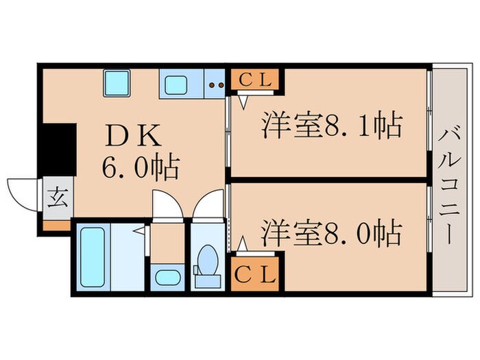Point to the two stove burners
pyautogui.click(x=217, y=86)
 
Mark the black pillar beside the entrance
pyautogui.click(x=57, y=148)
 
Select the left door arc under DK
pyautogui.click(x=167, y=204)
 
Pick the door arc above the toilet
pyautogui.click(x=208, y=204)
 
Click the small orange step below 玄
pyautogui.click(x=57, y=226)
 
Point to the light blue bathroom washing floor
pyautogui.click(x=128, y=257)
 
